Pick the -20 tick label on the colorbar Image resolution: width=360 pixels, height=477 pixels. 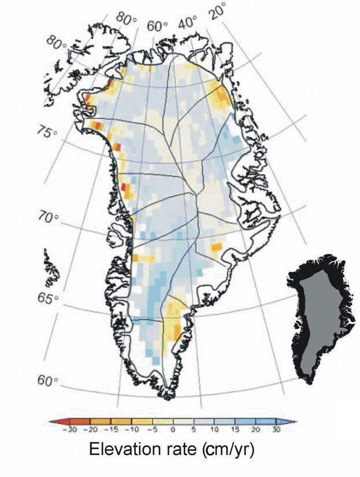(x=91, y=430)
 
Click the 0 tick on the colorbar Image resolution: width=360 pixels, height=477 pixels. (x=173, y=430)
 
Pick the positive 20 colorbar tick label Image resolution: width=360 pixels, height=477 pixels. (x=254, y=430)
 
